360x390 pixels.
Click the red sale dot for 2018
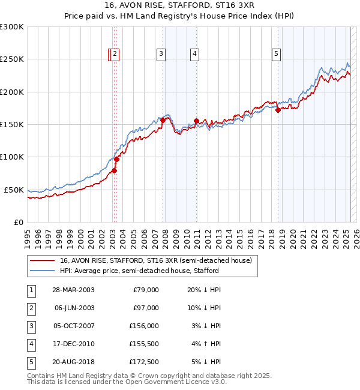point(278,110)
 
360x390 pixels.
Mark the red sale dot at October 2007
point(163,121)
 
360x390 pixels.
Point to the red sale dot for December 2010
point(196,121)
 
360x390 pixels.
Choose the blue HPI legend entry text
point(139,271)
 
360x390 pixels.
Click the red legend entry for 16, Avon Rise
point(158,260)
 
